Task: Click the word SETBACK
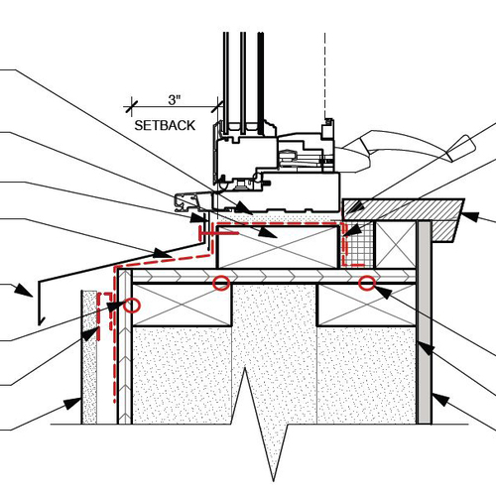point(166,126)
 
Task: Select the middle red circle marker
point(221,284)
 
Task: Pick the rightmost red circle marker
point(367,284)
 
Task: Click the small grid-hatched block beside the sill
point(360,244)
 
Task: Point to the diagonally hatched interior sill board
point(407,209)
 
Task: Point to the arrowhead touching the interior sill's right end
point(470,216)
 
